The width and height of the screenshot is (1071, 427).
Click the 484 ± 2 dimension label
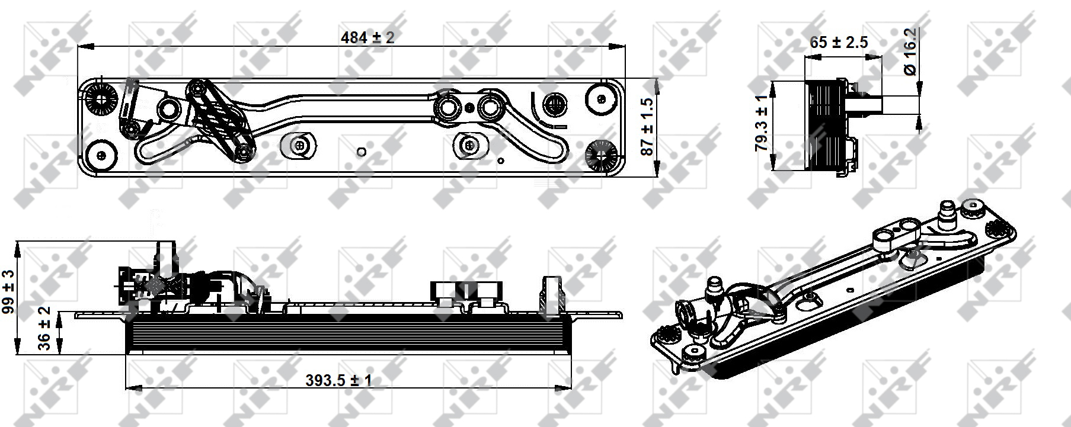coord(367,37)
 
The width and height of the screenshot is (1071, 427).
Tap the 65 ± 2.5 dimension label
coord(839,43)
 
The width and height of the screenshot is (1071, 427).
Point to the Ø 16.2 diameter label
coord(910,52)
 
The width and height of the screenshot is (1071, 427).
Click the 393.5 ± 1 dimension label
coord(339,380)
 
